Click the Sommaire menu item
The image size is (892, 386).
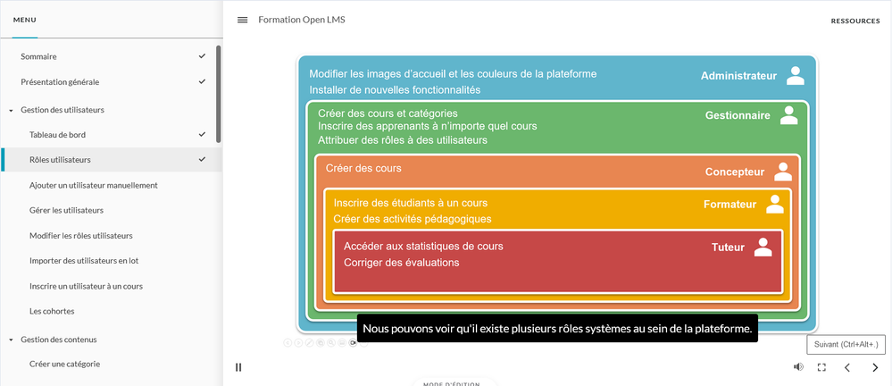click(38, 56)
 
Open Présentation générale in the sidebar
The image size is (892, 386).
click(59, 81)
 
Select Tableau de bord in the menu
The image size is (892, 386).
click(57, 135)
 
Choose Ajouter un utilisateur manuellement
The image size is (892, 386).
click(93, 185)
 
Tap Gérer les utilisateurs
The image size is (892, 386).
click(66, 210)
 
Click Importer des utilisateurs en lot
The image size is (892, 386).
click(84, 261)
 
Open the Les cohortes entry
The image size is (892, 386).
click(52, 311)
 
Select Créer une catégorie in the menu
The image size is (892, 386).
click(64, 364)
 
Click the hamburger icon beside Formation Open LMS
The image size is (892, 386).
click(242, 20)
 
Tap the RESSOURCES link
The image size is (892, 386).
click(854, 21)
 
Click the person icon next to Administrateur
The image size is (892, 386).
click(795, 76)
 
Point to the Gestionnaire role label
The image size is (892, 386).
click(738, 115)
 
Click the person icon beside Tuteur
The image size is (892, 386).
click(763, 248)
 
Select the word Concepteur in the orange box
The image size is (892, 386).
click(735, 172)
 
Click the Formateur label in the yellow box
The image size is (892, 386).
click(729, 205)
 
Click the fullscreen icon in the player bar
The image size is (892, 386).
click(821, 366)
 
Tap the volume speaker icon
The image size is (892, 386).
click(798, 366)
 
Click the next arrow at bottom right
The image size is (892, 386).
click(874, 366)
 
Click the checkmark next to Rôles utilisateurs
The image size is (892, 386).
click(202, 160)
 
